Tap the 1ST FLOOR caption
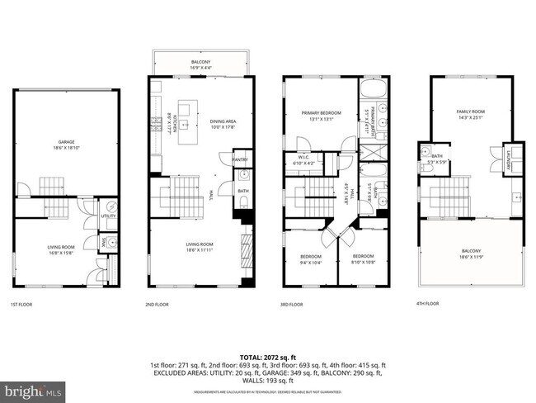22,303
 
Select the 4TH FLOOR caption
429,303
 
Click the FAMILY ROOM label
471,111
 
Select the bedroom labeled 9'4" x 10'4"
309,258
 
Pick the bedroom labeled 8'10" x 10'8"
363,258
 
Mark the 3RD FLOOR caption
293,303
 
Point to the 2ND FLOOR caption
158,303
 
